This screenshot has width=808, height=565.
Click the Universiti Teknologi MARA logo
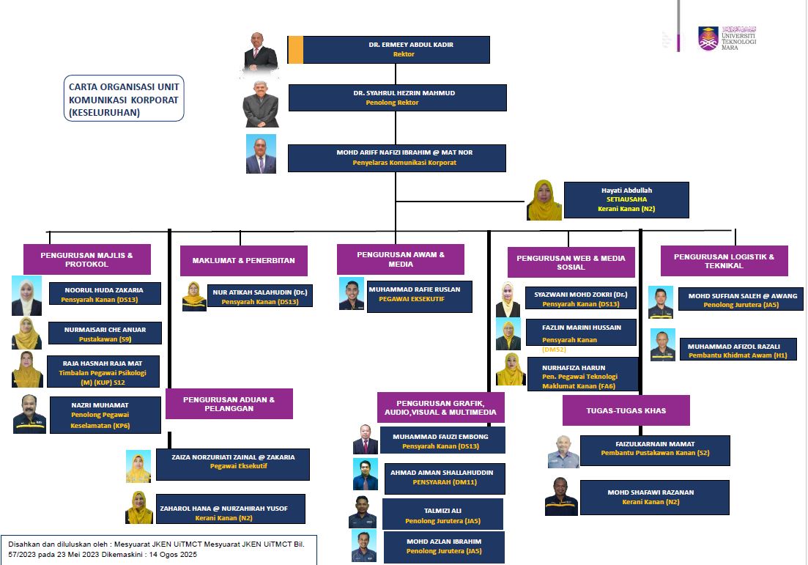[726, 37]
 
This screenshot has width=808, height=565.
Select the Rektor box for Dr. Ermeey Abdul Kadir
[396, 49]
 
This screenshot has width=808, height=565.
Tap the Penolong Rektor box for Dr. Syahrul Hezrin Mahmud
[397, 97]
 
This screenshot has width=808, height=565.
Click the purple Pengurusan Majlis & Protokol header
[86, 259]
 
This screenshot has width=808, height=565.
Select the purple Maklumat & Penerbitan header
[243, 261]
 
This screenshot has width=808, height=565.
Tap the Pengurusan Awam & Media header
[400, 259]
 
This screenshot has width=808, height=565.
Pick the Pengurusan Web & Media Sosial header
[571, 262]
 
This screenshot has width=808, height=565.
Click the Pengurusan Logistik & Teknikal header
[724, 261]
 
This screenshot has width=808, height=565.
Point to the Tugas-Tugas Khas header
[626, 410]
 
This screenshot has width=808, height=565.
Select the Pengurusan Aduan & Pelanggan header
[229, 404]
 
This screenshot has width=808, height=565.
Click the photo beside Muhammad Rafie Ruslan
[352, 294]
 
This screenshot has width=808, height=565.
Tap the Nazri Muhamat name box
[105, 414]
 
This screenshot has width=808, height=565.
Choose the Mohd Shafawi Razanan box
[654, 497]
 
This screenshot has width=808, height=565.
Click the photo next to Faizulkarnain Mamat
[563, 452]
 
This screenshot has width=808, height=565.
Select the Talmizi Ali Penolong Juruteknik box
[442, 514]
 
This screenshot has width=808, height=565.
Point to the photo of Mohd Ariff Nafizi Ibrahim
[261, 154]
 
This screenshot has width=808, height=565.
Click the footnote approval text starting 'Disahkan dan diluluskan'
[157, 550]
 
